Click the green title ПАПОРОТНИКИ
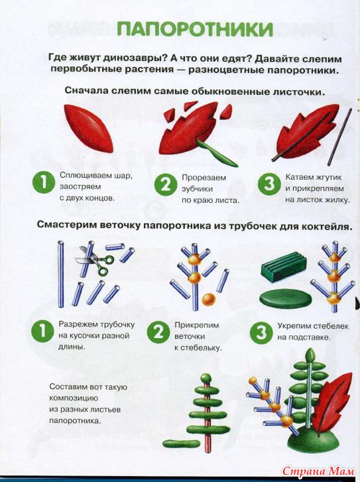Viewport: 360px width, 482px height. coord(195,29)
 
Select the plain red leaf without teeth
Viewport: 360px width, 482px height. coord(88,128)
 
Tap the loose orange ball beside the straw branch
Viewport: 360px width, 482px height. coord(208,299)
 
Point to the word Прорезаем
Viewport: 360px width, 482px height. coord(204,178)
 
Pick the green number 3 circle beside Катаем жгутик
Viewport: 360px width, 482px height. coord(269,183)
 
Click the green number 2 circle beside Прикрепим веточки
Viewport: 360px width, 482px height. coord(158,332)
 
